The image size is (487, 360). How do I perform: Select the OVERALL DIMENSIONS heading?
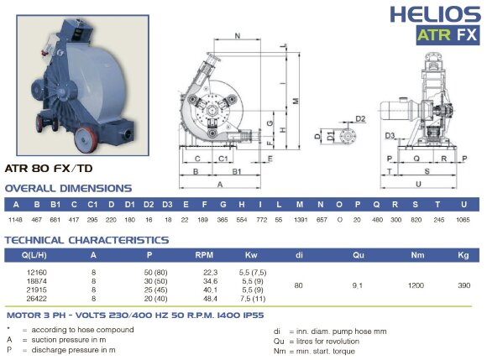pos(68,188)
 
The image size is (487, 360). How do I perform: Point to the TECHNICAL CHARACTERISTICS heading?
pos(86,240)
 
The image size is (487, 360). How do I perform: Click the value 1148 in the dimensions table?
pos(15,219)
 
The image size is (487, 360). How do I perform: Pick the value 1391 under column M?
pos(300,219)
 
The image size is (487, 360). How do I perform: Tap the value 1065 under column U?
pos(463,219)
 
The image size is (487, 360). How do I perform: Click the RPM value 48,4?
pos(210,298)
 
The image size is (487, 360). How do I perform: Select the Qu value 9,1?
pos(357,285)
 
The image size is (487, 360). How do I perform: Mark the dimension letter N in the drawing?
pos(239,36)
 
